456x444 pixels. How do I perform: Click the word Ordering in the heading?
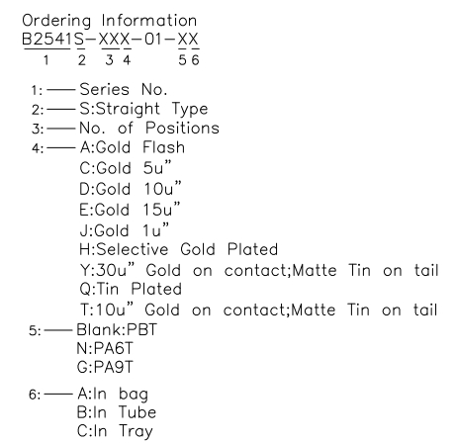(x=56, y=22)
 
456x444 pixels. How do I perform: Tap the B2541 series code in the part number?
(x=46, y=40)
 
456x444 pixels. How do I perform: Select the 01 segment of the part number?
(x=153, y=40)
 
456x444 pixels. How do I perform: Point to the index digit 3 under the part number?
(x=109, y=60)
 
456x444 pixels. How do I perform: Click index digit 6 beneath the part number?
(x=195, y=60)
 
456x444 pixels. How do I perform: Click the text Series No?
(x=124, y=89)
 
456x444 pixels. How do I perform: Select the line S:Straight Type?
(x=143, y=109)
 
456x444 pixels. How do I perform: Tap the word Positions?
(x=182, y=128)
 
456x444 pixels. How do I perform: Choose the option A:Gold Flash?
(x=133, y=147)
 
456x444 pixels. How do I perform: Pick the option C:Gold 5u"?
(x=126, y=167)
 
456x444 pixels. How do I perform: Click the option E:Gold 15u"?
(x=130, y=209)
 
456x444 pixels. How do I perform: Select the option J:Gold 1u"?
(x=125, y=229)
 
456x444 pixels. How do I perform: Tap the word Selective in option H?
(x=133, y=249)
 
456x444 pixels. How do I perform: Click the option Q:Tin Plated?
(x=131, y=289)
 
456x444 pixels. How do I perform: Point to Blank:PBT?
(x=117, y=329)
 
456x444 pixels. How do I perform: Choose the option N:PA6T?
(x=105, y=348)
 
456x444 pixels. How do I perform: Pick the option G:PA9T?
(x=105, y=367)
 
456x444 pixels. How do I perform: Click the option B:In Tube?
(x=117, y=412)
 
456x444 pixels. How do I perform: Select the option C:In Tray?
(x=115, y=431)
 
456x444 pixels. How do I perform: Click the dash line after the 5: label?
(x=58, y=330)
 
